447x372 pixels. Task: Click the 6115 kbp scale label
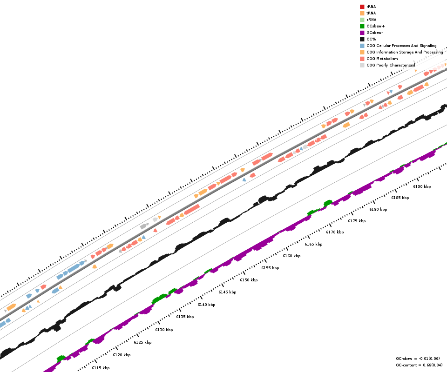coord(101,368)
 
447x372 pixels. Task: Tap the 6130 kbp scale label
coord(164,330)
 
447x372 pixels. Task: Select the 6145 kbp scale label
coord(227,292)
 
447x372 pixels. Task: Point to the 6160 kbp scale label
coord(291,256)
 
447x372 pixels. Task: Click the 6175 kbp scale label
coord(357,221)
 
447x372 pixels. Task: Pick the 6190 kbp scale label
coord(422,186)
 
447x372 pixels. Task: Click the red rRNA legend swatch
coord(362,7)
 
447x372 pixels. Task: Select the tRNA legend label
coord(371,13)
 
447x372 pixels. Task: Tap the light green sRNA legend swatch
coord(362,20)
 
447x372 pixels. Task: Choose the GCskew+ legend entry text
coord(375,26)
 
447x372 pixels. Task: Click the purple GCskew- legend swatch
coord(362,33)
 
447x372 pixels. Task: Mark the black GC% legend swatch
coord(362,39)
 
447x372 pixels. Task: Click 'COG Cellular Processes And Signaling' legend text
coord(401,46)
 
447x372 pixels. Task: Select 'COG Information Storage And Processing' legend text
coord(405,52)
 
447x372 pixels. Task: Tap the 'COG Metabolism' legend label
coord(382,59)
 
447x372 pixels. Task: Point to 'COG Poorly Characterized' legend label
coord(391,65)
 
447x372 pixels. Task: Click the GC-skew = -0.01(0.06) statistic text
coord(418,359)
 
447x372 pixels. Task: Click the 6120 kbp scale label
coord(122,355)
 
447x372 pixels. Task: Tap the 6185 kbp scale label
coord(400,198)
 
